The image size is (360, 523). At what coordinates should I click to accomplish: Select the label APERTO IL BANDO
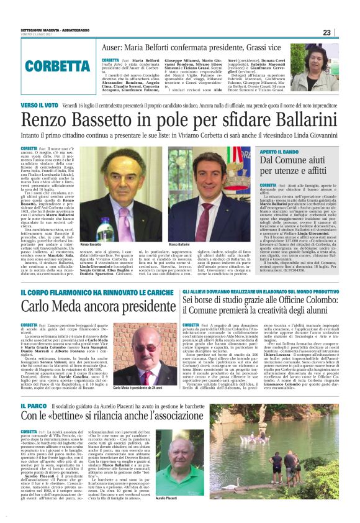pyautogui.click(x=281, y=152)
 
